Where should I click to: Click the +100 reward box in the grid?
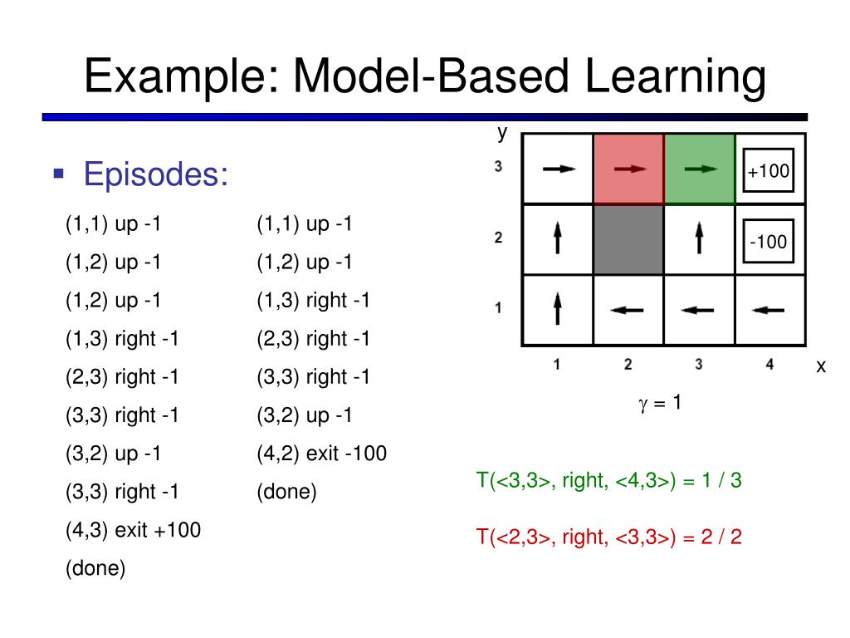(x=769, y=172)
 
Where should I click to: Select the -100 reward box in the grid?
(x=769, y=243)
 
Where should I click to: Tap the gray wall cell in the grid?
(x=628, y=240)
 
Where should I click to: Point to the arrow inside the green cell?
(x=701, y=169)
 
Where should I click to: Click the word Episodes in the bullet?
(x=156, y=175)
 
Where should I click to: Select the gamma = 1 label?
(x=660, y=404)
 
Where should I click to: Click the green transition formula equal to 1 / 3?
(x=608, y=481)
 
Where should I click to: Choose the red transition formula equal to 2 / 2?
(x=608, y=537)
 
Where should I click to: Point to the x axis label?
(x=821, y=366)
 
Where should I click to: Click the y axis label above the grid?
(x=501, y=132)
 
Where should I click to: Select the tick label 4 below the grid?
(x=769, y=363)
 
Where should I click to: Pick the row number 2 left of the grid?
(x=498, y=238)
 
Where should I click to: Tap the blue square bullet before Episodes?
(x=58, y=174)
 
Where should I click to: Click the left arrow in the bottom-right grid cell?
(x=769, y=311)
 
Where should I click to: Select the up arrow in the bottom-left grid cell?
(x=558, y=309)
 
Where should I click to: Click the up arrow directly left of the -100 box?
(x=700, y=239)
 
